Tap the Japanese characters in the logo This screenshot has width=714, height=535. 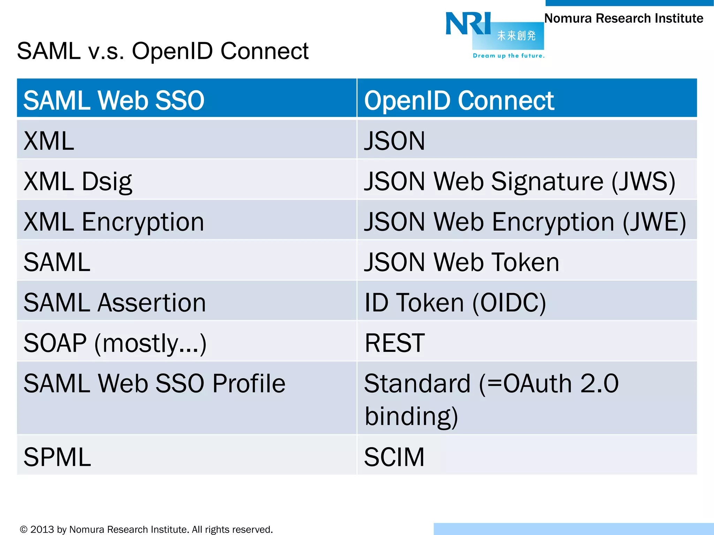coord(516,36)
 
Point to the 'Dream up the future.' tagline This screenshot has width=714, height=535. coord(508,56)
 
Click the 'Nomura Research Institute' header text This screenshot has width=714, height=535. coord(623,18)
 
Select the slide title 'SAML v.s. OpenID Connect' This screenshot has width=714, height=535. coord(162,51)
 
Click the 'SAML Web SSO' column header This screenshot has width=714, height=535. coord(114,100)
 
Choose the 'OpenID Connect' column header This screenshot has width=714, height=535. coord(459,100)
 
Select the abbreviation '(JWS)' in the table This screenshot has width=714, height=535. coord(644,181)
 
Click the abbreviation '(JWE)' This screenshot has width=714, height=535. coord(654,222)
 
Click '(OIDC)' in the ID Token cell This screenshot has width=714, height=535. coord(509,302)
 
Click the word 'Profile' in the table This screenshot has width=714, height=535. coord(249,383)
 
